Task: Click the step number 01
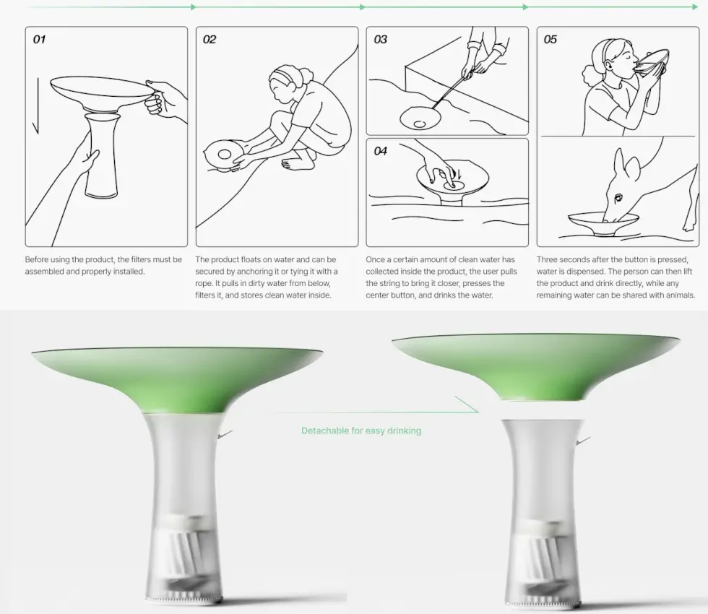pyautogui.click(x=39, y=40)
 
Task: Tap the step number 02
pyautogui.click(x=210, y=40)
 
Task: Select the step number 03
pyautogui.click(x=380, y=40)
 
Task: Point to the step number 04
pyautogui.click(x=380, y=151)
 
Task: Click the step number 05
pyautogui.click(x=551, y=40)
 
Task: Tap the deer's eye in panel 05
pyautogui.click(x=618, y=196)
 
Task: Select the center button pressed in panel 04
pyautogui.click(x=451, y=184)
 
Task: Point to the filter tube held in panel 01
pyautogui.click(x=102, y=156)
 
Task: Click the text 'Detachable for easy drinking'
pyautogui.click(x=361, y=431)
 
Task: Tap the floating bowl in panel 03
pyautogui.click(x=420, y=118)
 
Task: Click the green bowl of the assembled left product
pyautogui.click(x=177, y=379)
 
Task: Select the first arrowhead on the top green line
pyautogui.click(x=194, y=7)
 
